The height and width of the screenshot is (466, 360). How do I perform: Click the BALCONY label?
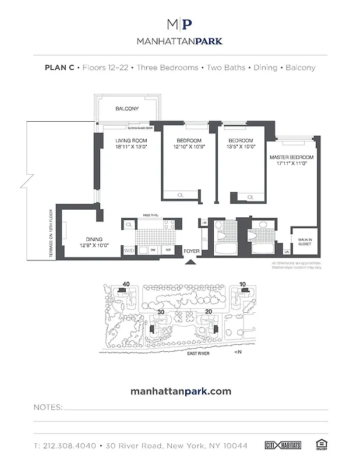click(x=126, y=109)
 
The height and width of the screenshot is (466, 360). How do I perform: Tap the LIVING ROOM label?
click(x=130, y=141)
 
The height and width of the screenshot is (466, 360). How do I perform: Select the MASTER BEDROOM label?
click(x=291, y=158)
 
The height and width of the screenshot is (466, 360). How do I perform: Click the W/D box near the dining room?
click(x=129, y=250)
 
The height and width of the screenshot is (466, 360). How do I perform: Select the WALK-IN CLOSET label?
click(x=305, y=241)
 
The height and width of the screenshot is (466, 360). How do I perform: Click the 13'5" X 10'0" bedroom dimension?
click(x=241, y=147)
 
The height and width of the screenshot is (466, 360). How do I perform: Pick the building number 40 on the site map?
click(x=123, y=284)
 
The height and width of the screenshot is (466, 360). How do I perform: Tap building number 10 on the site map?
click(x=242, y=284)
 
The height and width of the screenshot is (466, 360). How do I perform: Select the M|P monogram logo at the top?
click(x=179, y=24)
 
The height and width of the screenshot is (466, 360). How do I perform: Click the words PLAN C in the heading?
click(x=59, y=67)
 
